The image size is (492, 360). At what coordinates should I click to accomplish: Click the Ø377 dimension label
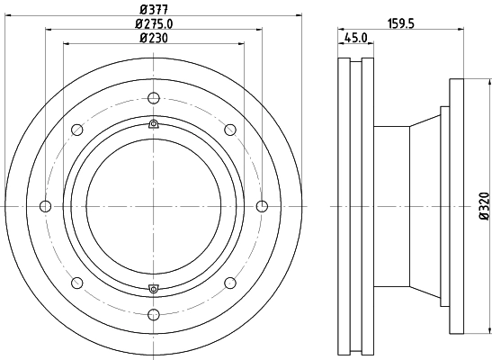coord(154,9)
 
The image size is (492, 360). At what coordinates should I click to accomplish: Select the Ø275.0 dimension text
coord(154,24)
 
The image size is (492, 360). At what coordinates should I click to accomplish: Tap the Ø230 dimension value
coord(154,38)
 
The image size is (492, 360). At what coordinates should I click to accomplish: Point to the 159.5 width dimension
coord(401,23)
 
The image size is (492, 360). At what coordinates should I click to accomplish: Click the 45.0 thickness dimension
coord(356,38)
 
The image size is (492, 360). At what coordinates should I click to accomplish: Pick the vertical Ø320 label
coord(485,206)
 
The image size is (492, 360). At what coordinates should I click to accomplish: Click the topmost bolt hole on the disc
coord(154,98)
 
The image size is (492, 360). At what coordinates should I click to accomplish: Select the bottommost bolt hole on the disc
coord(154,314)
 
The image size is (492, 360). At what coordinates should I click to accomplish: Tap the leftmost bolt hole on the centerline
coord(46,206)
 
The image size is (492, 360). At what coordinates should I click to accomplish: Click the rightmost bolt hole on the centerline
coord(262,206)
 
